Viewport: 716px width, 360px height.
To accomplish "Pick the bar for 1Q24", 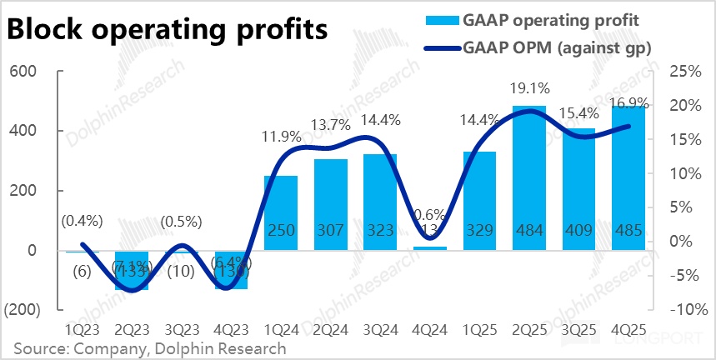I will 280,212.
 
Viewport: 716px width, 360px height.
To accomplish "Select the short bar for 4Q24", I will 429,247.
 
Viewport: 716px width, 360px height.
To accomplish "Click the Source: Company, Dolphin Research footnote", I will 150,348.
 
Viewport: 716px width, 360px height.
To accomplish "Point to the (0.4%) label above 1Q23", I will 81,221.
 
